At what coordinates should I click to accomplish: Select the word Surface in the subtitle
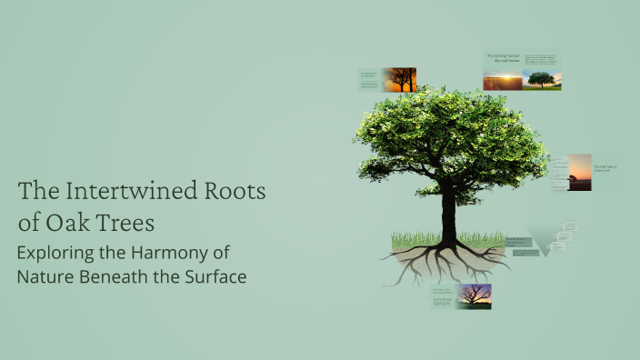coord(214,276)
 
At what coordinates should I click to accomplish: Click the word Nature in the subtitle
coord(45,276)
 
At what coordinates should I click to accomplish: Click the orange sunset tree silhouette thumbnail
coord(399,80)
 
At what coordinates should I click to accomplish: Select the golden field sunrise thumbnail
coord(503,82)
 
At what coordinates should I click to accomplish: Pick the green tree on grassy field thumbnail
coord(543,80)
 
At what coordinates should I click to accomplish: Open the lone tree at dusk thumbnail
coord(580,172)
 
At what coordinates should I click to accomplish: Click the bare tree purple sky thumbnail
coord(475,295)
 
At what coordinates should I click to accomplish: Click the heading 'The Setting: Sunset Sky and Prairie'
coord(502,59)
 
